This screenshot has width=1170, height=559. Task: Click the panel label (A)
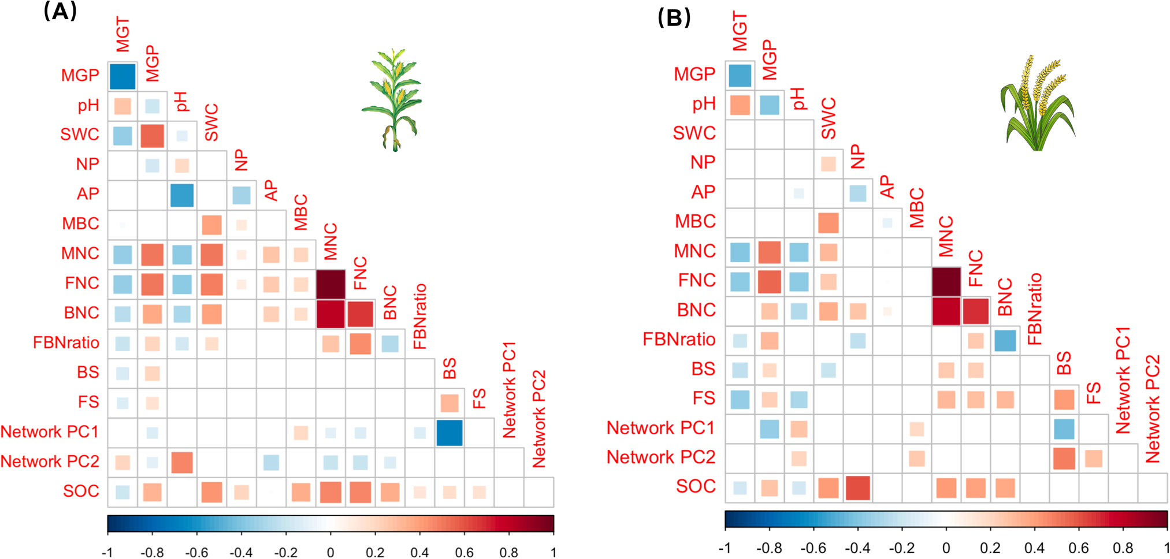click(60, 12)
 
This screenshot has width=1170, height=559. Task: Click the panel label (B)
click(674, 18)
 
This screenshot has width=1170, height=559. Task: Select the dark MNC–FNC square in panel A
click(330, 284)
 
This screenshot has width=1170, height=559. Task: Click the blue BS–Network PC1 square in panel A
click(450, 433)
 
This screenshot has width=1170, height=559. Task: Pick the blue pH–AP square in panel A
click(182, 195)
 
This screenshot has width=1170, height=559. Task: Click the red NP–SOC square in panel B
click(858, 488)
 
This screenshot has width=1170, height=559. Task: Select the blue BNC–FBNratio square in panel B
click(1005, 341)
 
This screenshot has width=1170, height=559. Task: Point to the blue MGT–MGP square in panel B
click(740, 76)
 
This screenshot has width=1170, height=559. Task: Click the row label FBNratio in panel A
click(66, 343)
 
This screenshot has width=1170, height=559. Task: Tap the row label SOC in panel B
click(696, 487)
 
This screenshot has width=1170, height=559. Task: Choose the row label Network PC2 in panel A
click(50, 462)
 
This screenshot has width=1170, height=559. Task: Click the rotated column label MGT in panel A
click(122, 35)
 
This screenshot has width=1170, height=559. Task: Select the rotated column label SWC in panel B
click(828, 118)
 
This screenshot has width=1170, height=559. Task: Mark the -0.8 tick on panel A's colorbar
click(152, 553)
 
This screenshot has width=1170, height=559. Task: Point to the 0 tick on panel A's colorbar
click(330, 553)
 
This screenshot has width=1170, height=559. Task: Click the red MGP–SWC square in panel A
click(153, 136)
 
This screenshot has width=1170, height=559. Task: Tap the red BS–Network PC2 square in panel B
click(1064, 459)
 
